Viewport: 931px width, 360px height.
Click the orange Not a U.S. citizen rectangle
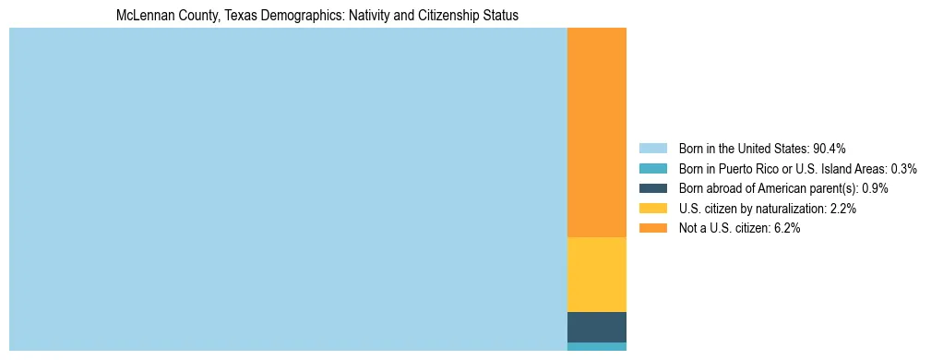(x=596, y=133)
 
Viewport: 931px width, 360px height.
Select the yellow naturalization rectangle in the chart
(x=596, y=274)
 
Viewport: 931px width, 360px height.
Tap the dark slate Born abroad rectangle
(x=596, y=327)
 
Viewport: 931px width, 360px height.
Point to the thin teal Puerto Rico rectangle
(x=596, y=346)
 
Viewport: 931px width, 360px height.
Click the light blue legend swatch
(x=652, y=148)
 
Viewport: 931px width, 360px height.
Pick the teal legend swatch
(x=652, y=168)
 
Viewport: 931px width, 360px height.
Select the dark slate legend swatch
(x=652, y=188)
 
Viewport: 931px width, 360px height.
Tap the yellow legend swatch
(x=652, y=209)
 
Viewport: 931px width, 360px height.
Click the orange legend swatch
(x=652, y=228)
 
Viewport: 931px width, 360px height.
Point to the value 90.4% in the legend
(x=829, y=148)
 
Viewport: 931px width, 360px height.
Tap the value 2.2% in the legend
(x=842, y=209)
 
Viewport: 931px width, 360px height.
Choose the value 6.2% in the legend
(x=786, y=228)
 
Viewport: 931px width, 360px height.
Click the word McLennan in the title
(x=144, y=16)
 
